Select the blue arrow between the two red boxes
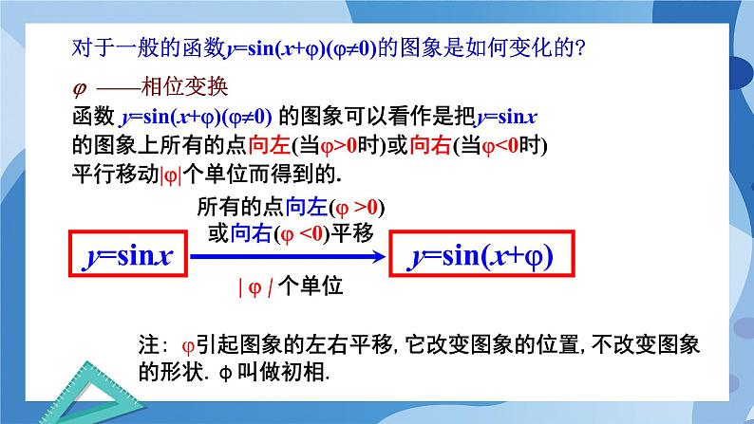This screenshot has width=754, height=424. pyautogui.click(x=290, y=256)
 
